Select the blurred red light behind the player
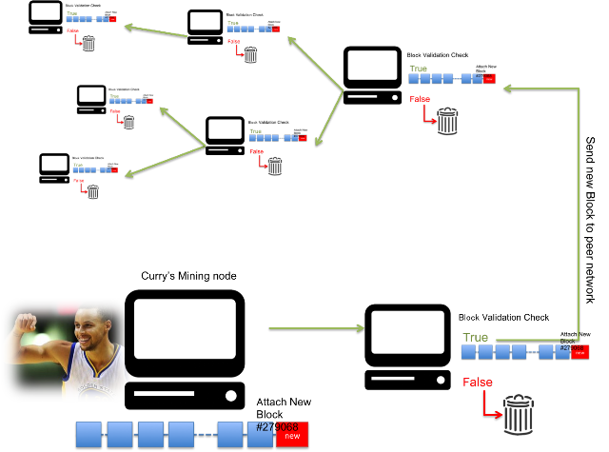[68, 306]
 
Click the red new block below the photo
[292, 435]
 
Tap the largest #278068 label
[277, 427]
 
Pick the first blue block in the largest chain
[88, 434]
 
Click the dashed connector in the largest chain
[204, 434]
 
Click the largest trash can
[519, 415]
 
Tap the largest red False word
[478, 383]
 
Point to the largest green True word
[475, 338]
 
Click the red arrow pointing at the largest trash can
[491, 404]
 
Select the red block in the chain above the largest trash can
[580, 351]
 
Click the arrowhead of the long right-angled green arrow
[507, 88]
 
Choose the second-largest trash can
[447, 121]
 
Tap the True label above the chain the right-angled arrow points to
[418, 69]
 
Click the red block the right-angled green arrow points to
[489, 79]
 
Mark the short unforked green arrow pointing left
[156, 31]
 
